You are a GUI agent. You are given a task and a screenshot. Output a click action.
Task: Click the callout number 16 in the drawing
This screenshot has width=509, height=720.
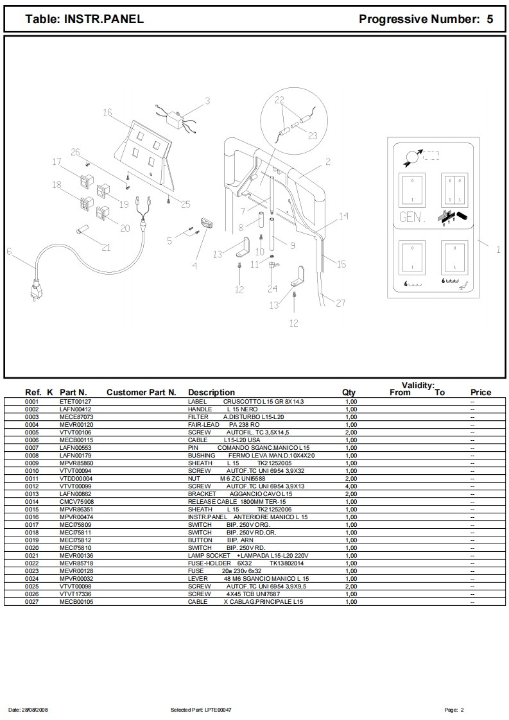[107, 112]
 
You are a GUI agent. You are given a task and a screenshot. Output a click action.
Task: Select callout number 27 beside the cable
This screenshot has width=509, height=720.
[341, 302]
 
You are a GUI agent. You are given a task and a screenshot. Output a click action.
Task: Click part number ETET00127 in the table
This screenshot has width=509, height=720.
[75, 401]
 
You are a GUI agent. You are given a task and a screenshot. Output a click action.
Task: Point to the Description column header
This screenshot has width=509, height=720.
[211, 392]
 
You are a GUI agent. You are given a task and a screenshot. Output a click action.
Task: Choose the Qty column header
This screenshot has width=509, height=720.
[349, 392]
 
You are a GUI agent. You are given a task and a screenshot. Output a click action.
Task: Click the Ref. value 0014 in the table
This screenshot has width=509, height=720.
[32, 501]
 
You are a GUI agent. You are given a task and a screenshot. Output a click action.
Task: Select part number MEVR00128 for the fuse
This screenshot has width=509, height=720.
[76, 570]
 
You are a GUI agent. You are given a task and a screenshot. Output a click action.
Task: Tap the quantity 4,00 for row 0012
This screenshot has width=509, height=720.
[351, 486]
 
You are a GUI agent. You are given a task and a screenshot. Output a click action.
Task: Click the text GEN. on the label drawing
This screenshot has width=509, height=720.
[411, 218]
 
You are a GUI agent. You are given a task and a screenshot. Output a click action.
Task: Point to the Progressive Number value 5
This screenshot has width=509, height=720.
[490, 19]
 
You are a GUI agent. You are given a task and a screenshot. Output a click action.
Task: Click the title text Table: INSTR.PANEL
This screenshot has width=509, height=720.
[84, 19]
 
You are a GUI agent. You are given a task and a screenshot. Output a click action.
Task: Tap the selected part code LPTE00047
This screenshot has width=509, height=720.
[219, 710]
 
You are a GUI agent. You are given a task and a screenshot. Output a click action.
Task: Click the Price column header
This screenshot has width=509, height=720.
[481, 392]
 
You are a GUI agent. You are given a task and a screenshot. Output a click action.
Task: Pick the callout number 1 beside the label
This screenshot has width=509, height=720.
[498, 250]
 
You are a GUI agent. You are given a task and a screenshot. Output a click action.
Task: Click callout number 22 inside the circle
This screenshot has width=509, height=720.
[279, 100]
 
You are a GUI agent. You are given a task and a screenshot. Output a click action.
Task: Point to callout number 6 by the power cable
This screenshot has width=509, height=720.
[9, 252]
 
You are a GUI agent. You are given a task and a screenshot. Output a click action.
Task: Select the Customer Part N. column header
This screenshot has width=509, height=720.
[141, 392]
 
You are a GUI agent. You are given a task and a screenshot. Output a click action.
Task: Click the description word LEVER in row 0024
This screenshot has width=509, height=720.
[196, 578]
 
